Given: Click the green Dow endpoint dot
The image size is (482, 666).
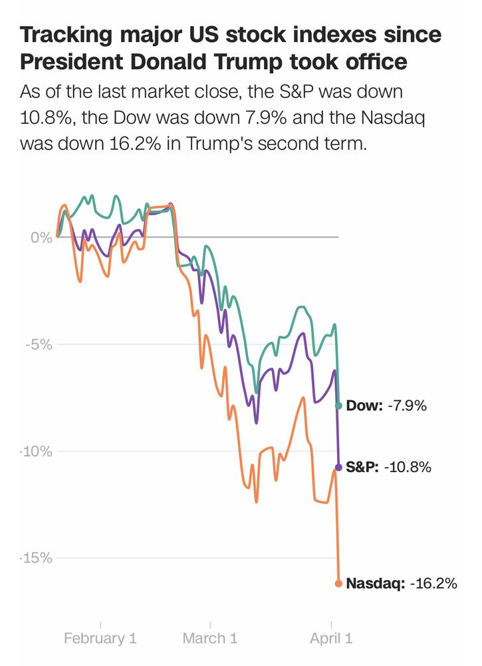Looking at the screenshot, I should pyautogui.click(x=338, y=406).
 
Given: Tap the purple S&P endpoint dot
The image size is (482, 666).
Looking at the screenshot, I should pyautogui.click(x=338, y=468).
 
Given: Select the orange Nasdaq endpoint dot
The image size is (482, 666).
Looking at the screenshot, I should pyautogui.click(x=338, y=583).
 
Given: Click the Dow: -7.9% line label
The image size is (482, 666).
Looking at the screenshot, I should pyautogui.click(x=386, y=406).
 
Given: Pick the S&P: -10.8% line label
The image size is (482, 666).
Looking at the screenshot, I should pyautogui.click(x=388, y=468).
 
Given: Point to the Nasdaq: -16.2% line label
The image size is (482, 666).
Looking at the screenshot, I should pyautogui.click(x=402, y=583).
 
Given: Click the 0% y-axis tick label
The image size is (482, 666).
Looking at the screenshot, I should pyautogui.click(x=41, y=238).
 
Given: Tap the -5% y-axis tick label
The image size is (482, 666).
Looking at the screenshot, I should pyautogui.click(x=38, y=344).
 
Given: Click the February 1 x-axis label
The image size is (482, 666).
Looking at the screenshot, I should pyautogui.click(x=100, y=638).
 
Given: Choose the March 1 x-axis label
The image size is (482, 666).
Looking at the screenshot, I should pyautogui.click(x=210, y=638).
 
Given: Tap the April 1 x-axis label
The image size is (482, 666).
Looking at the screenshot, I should pyautogui.click(x=331, y=638).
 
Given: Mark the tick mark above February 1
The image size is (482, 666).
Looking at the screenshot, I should pyautogui.click(x=100, y=624).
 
